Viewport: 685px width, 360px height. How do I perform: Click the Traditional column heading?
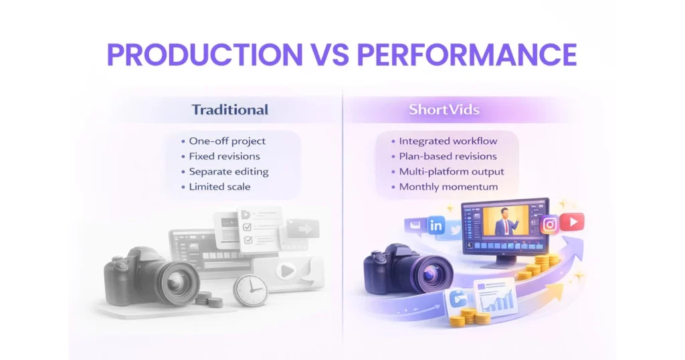[229, 110]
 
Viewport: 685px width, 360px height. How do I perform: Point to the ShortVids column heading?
[444, 110]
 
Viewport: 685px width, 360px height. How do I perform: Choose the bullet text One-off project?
[227, 141]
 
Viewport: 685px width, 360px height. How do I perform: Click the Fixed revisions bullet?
[224, 156]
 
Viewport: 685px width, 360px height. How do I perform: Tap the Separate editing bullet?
[228, 171]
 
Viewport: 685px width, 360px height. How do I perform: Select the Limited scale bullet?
[219, 187]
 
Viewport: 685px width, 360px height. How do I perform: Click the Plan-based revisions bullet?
[448, 156]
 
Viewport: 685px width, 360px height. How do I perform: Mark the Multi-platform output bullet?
[452, 171]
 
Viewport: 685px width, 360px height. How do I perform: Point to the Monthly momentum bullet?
[448, 187]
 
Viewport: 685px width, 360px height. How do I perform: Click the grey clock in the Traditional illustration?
[250, 289]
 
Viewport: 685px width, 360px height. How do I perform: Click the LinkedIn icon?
[436, 226]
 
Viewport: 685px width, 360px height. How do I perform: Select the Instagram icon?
[550, 224]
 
